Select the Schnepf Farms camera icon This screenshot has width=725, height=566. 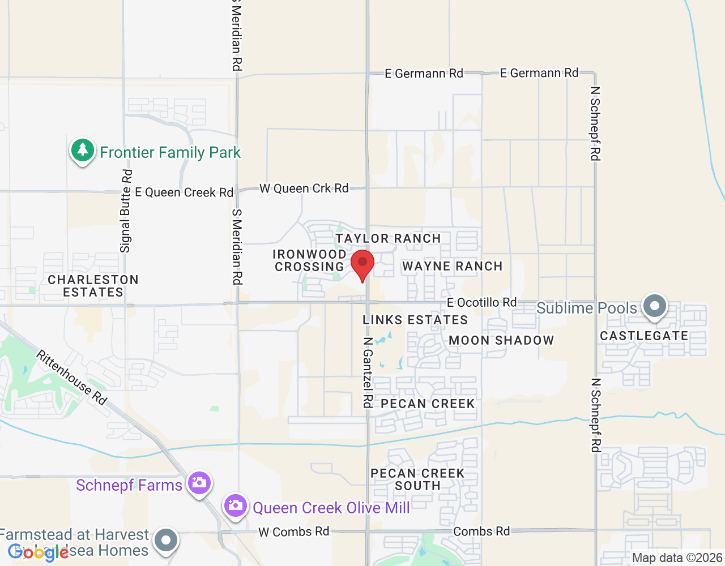click(x=199, y=483)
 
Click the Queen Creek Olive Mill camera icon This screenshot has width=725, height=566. click(x=235, y=505)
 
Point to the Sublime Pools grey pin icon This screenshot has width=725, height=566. click(x=655, y=307)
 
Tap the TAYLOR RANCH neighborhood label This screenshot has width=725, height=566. click(x=388, y=238)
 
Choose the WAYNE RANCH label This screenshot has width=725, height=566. click(x=452, y=266)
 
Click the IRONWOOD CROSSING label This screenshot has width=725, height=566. click(x=309, y=260)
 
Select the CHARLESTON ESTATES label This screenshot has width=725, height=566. click(x=93, y=286)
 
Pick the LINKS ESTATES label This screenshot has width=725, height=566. click(x=415, y=320)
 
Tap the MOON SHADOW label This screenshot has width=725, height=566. click(x=501, y=340)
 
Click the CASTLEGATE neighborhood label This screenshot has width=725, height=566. click(x=644, y=336)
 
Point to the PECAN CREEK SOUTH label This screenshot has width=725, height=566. click(x=417, y=479)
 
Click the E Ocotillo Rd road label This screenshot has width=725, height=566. click(x=481, y=302)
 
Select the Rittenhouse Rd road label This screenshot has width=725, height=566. click(x=71, y=377)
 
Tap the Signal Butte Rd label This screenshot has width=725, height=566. click(x=125, y=211)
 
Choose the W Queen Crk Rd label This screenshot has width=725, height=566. click(x=304, y=188)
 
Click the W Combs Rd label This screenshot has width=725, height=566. click(x=293, y=531)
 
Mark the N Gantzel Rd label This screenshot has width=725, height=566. click(x=368, y=372)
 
